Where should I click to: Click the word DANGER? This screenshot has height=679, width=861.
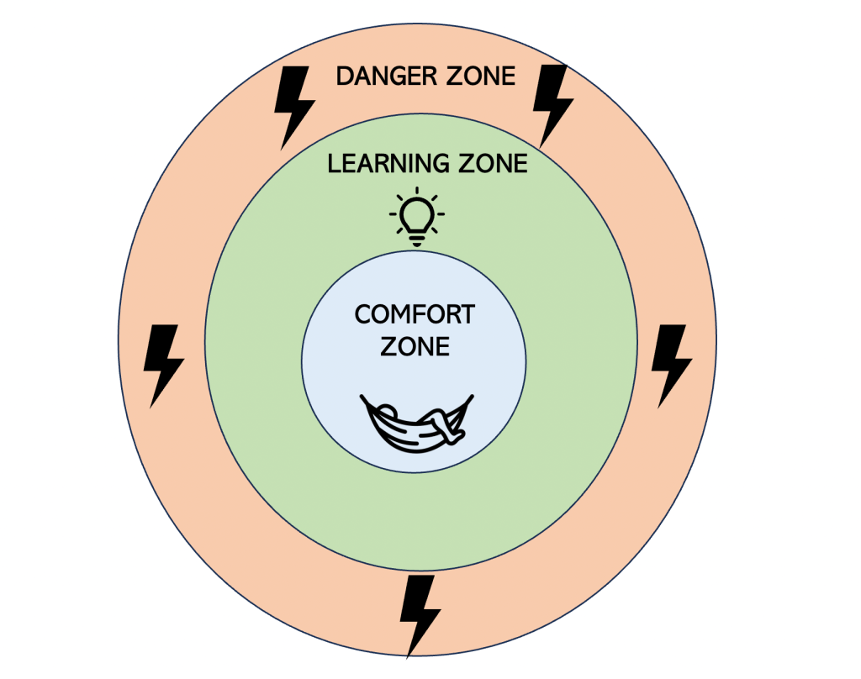(383, 76)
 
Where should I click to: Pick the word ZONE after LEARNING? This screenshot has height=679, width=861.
(491, 163)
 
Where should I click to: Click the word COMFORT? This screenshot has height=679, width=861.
(415, 315)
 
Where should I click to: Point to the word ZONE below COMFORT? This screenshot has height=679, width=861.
(415, 345)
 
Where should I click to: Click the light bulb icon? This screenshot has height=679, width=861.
(417, 216)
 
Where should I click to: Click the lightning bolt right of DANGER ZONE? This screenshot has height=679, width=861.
(553, 103)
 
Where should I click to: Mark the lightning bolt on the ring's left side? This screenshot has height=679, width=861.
(163, 364)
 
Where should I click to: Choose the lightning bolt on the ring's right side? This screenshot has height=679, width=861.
(672, 364)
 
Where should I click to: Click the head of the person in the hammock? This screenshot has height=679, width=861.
(386, 413)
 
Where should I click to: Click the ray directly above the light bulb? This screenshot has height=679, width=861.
(417, 191)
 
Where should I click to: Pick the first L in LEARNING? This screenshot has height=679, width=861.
(333, 163)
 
